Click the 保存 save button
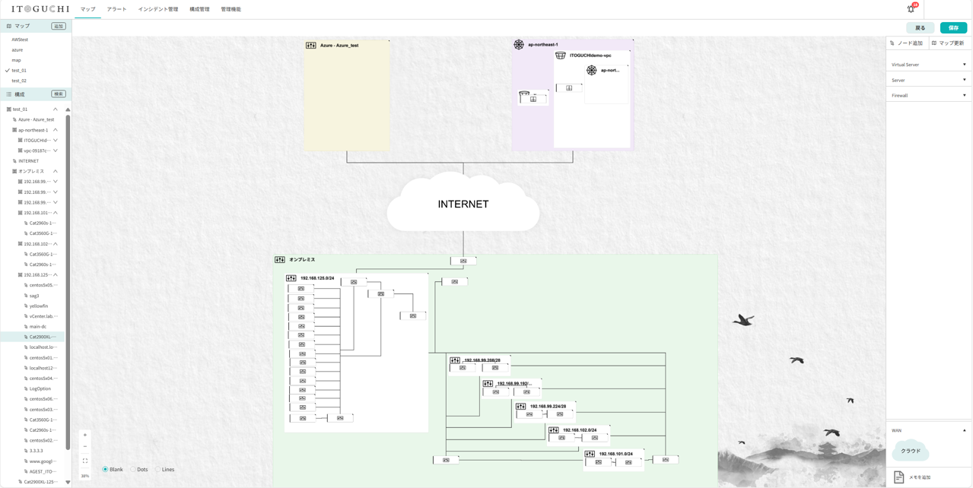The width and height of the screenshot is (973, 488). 953,28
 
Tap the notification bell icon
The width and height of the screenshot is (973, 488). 911,9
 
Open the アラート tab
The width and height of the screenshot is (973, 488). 116,9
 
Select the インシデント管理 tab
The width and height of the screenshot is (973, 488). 157,9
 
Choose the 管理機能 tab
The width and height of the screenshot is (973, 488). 231,9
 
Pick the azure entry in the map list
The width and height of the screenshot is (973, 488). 17,49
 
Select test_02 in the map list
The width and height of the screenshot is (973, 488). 19,81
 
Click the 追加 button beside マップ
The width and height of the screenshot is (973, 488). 59,26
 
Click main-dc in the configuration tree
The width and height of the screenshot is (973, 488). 38,327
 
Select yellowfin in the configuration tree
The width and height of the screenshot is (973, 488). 39,306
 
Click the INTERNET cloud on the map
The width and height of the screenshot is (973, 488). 463,204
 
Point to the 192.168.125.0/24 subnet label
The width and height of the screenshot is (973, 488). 316,278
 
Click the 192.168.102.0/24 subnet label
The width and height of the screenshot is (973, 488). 580,430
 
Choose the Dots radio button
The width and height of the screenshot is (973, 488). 133,470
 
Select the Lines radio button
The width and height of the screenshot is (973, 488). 158,470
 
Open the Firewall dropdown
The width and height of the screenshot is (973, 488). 928,96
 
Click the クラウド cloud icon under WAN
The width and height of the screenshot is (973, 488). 911,451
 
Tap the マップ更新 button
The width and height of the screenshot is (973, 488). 948,43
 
